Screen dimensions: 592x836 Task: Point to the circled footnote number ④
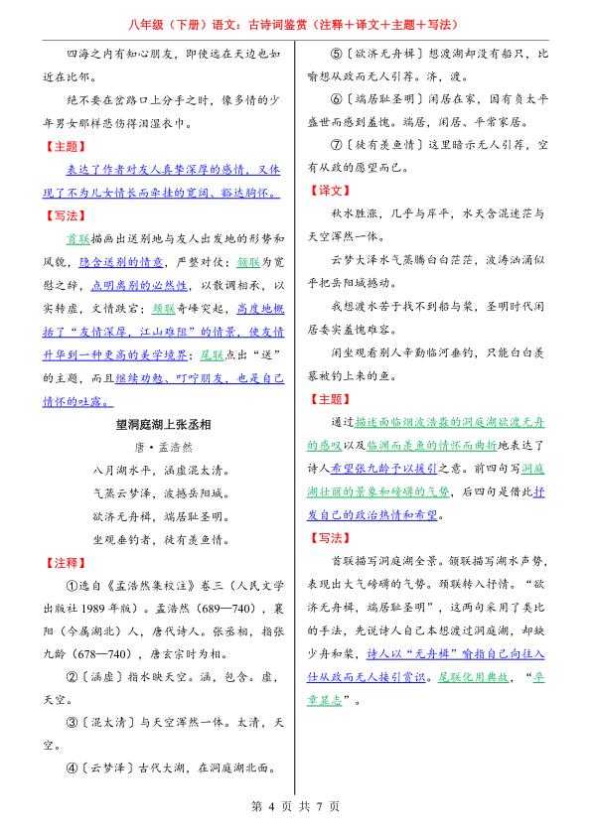[x=72, y=766]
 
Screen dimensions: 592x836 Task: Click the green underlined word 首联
[x=77, y=239]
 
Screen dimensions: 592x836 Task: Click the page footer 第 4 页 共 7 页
[x=295, y=806]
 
